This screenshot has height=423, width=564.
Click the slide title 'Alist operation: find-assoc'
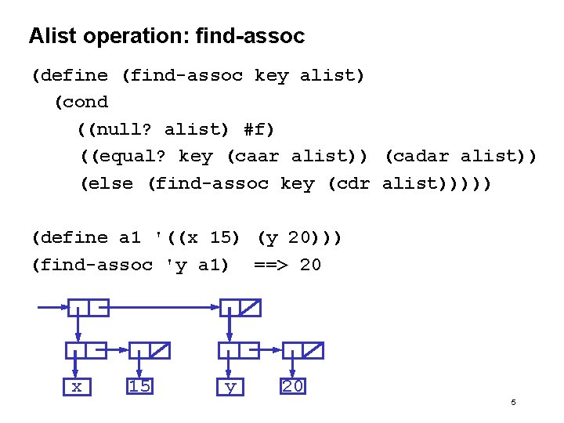tap(166, 36)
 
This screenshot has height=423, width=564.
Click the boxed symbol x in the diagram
tap(76, 386)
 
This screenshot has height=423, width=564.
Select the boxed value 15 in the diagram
tap(140, 386)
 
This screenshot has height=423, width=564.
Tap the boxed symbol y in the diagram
tap(230, 386)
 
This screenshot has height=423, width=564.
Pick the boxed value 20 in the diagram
tap(293, 386)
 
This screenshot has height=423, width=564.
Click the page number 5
tap(513, 403)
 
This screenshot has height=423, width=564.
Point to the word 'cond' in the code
tap(87, 102)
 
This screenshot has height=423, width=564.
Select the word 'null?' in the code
tap(124, 129)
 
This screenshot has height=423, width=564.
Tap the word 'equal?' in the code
tap(132, 157)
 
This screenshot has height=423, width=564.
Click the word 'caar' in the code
tap(258, 157)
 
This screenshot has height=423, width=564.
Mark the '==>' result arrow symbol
tap(272, 265)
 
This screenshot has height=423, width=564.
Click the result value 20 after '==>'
tap(310, 265)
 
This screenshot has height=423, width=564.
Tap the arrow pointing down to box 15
tap(139, 365)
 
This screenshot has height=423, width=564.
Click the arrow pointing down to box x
tap(76, 365)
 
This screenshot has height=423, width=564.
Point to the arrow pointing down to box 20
tap(293, 365)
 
